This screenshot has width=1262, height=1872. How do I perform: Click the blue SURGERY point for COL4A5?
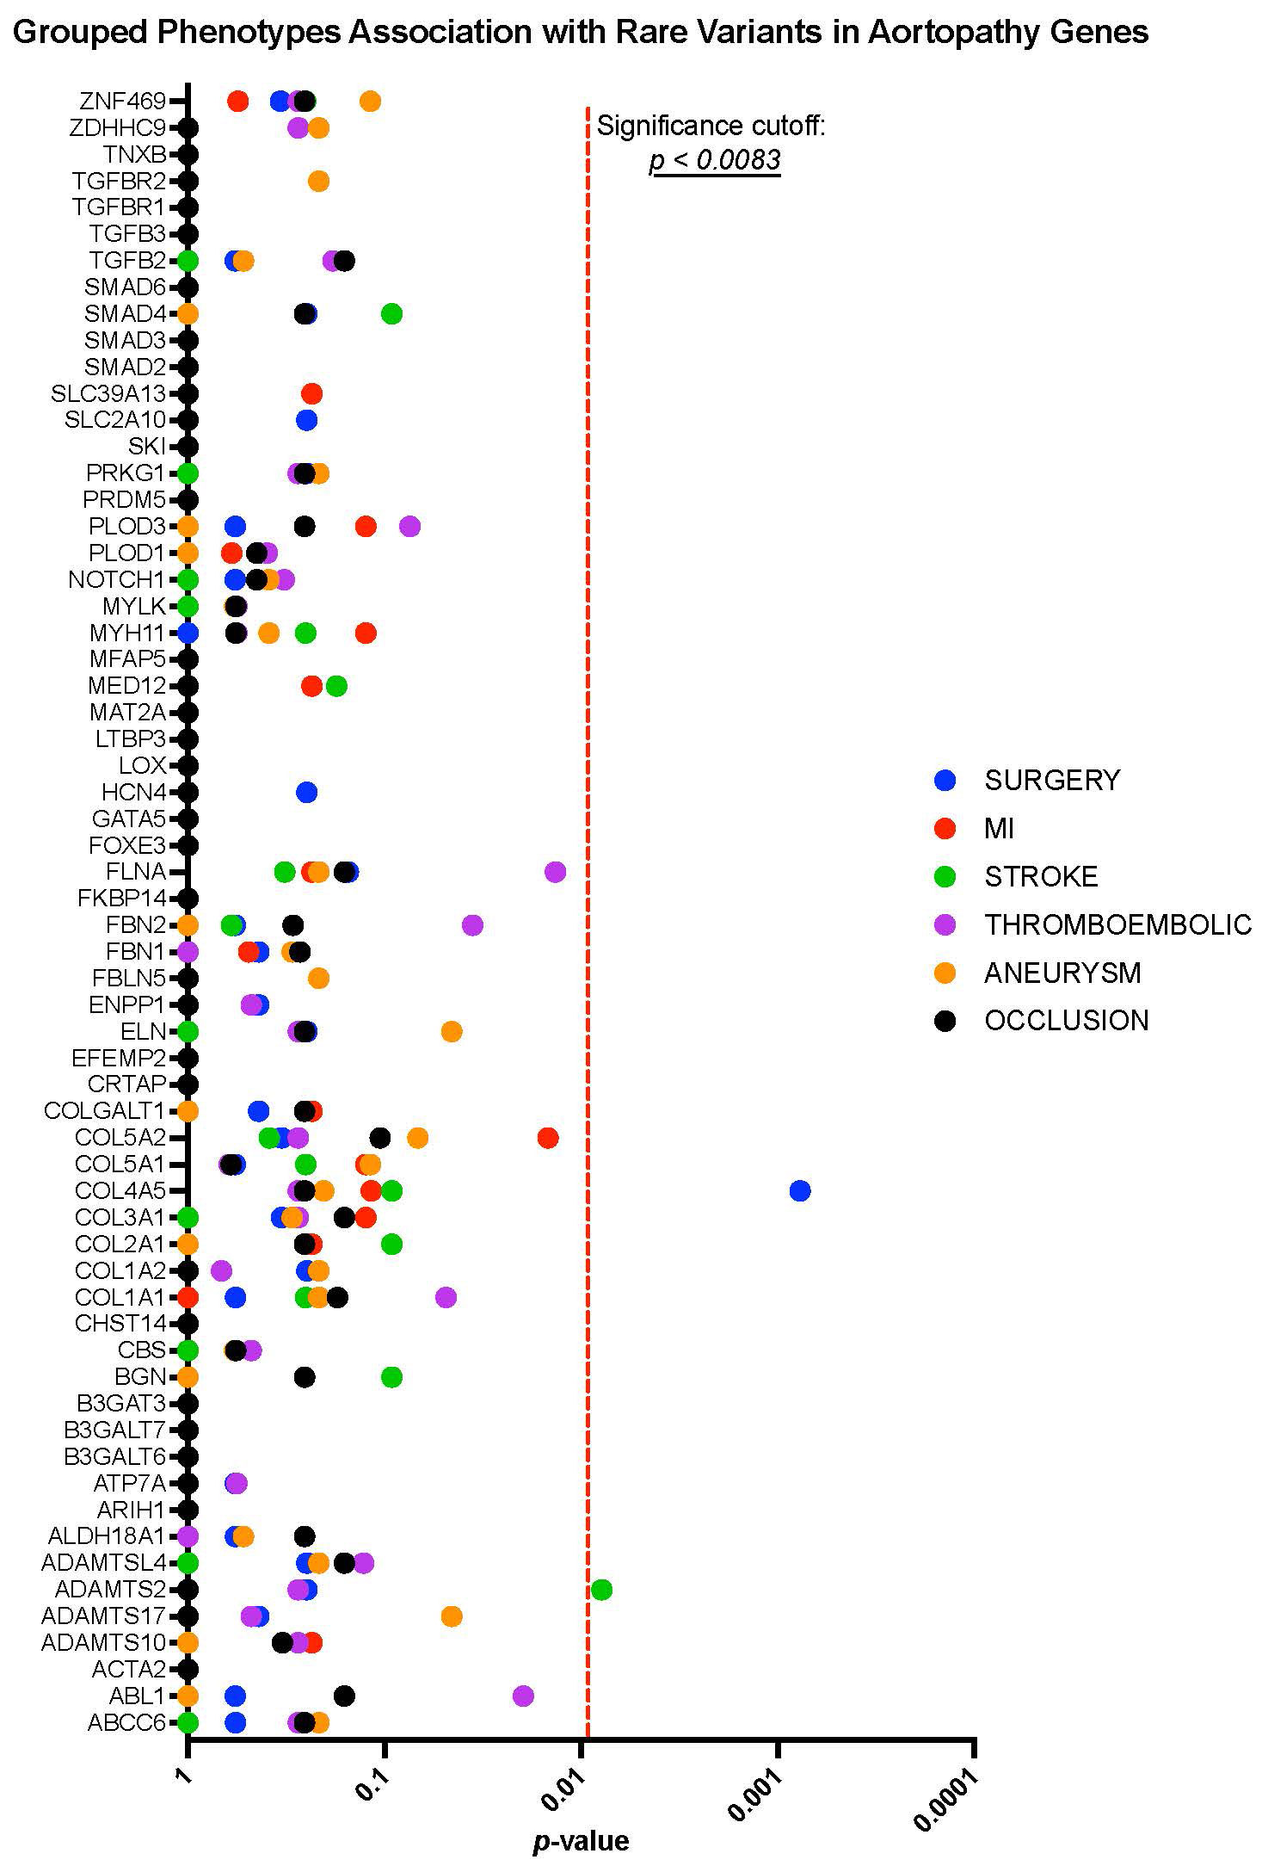pyautogui.click(x=799, y=1191)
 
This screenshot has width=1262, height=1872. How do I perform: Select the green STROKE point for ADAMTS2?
pyautogui.click(x=601, y=1589)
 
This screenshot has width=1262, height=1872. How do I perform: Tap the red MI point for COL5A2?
pyautogui.click(x=548, y=1138)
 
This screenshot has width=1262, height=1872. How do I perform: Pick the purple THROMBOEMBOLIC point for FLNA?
pyautogui.click(x=556, y=872)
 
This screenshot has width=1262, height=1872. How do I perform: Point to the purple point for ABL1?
pyautogui.click(x=523, y=1696)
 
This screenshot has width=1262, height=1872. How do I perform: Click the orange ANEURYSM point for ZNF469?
pyautogui.click(x=370, y=102)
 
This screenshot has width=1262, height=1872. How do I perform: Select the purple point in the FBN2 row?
pyautogui.click(x=472, y=925)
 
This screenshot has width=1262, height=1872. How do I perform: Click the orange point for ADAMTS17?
pyautogui.click(x=452, y=1616)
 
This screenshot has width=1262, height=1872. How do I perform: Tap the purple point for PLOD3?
pyautogui.click(x=410, y=526)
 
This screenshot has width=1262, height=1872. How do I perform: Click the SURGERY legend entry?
pyautogui.click(x=1051, y=780)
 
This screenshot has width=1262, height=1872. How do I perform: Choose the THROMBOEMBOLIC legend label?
pyautogui.click(x=1117, y=924)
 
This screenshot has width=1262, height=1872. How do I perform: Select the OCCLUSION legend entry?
pyautogui.click(x=1066, y=1021)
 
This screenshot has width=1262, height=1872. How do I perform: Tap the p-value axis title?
pyautogui.click(x=582, y=1840)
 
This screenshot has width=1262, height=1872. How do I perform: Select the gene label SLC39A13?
pyautogui.click(x=108, y=394)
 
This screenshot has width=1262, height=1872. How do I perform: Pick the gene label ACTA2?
pyautogui.click(x=128, y=1670)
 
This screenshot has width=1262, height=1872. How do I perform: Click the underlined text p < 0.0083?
pyautogui.click(x=715, y=160)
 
